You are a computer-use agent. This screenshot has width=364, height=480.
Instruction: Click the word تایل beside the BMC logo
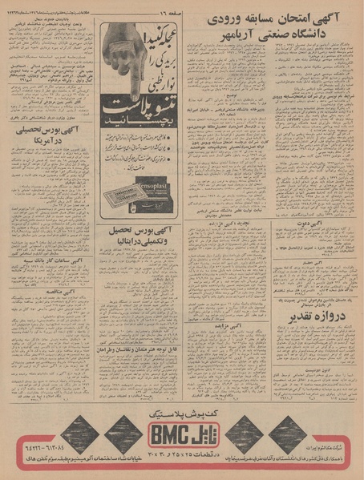200,434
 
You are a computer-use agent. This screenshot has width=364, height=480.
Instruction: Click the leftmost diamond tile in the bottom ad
79,434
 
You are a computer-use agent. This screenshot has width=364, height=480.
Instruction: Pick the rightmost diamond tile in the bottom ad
286,434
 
